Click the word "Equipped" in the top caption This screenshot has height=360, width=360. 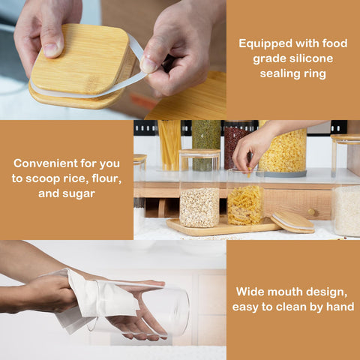[x=265, y=43]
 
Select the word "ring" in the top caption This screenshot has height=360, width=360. [x=315, y=74]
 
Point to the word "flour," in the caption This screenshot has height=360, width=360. [x=106, y=178]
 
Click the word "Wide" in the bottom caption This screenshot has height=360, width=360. [x=250, y=292]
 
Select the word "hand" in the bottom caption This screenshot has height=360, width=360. [x=340, y=307]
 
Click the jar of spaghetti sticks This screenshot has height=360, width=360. [x=169, y=145]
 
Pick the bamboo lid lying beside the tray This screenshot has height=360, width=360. [x=292, y=223]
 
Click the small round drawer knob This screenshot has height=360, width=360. [x=311, y=212]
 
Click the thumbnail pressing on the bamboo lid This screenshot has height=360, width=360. [x=52, y=49]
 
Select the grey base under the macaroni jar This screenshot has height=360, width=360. [x=281, y=174]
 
